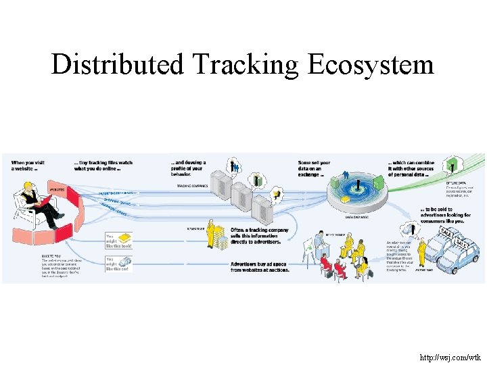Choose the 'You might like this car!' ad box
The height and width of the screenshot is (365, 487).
[118, 263]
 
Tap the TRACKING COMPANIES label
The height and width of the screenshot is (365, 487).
[191, 185]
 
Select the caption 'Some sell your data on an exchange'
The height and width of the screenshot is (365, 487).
[315, 167]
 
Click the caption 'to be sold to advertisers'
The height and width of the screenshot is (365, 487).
[446, 212]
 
